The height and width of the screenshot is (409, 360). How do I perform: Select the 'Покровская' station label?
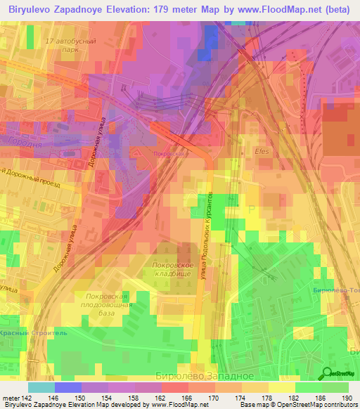[169, 152]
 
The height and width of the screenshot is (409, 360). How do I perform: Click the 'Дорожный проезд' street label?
[31, 178]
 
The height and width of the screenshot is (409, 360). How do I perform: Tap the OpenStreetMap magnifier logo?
[327, 373]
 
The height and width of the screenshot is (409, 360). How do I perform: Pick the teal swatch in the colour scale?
[41, 387]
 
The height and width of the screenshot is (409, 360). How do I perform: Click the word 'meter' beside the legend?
[11, 398]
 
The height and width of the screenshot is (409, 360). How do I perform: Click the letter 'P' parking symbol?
[252, 210]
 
